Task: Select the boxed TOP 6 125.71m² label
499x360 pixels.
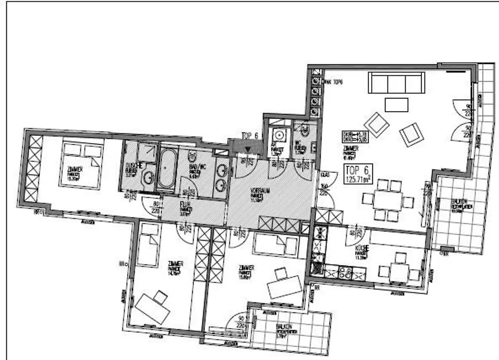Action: [358, 173]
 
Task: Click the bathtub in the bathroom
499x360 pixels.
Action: [167, 169]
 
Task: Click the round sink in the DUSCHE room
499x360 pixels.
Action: [149, 179]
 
